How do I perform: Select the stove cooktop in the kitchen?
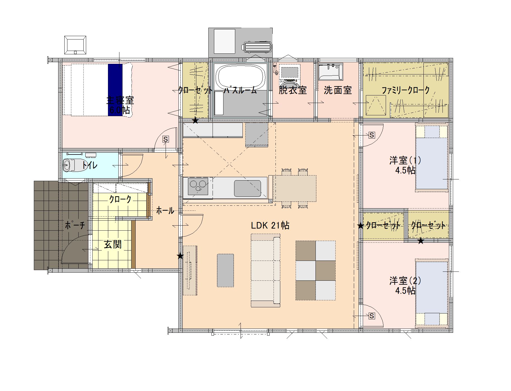pyautogui.click(x=198, y=186)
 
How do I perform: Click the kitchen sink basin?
pyautogui.click(x=247, y=188)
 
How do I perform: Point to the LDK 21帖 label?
pyautogui.click(x=270, y=225)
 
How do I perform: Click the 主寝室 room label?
pyautogui.click(x=120, y=100)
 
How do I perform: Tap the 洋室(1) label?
pyautogui.click(x=405, y=160)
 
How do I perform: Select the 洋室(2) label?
pyautogui.click(x=405, y=281)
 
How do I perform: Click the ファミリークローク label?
pyautogui.click(x=406, y=90)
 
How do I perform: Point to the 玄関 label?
pyautogui.click(x=113, y=245)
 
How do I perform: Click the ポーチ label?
pyautogui.click(x=75, y=225)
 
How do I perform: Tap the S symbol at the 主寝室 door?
pyautogui.click(x=166, y=139)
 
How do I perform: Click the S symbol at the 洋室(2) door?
pyautogui.click(x=372, y=316)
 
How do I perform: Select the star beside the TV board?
pyautogui.click(x=180, y=256)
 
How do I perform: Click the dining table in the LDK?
pyautogui.click(x=295, y=188)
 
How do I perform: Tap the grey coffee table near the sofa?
pyautogui.click(x=225, y=270)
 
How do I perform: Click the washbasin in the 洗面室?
pyautogui.click(x=330, y=72)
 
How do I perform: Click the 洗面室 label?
pyautogui.click(x=338, y=90)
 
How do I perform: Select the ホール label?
pyautogui.click(x=165, y=210)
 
